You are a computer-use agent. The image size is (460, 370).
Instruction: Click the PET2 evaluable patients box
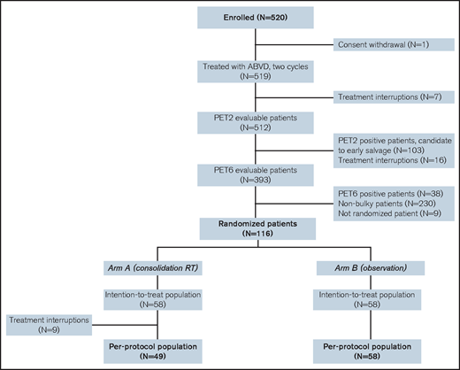pos(255,123)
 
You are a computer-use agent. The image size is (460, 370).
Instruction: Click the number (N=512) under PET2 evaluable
pos(255,129)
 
